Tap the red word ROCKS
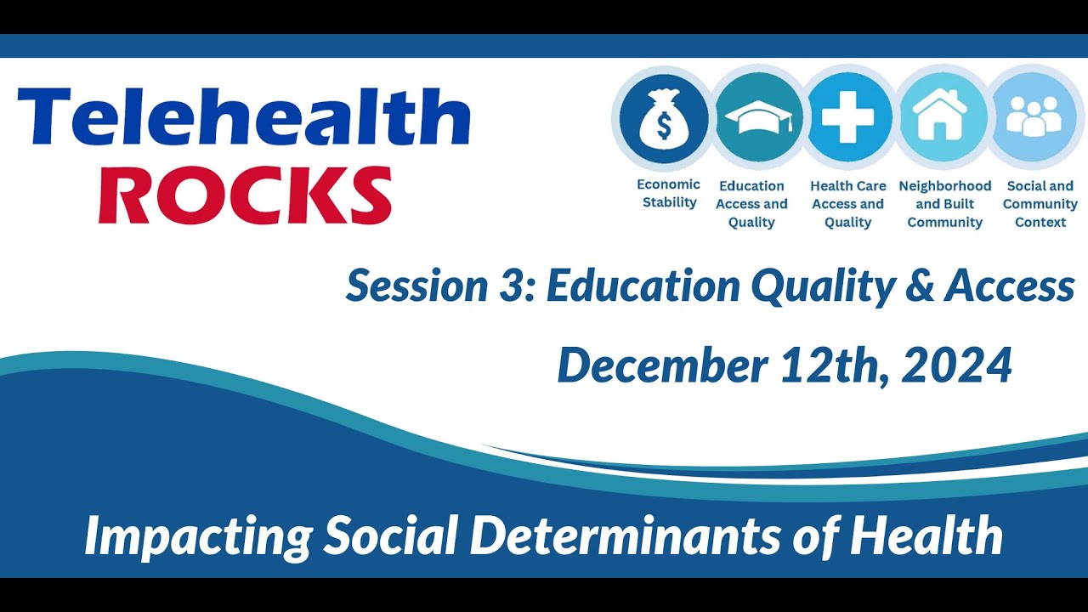[x=245, y=195]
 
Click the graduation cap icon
[x=756, y=118]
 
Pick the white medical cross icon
[x=847, y=118]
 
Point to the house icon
[x=939, y=118]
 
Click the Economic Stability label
[x=669, y=194]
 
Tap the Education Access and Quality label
[x=751, y=204]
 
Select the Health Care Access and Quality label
[x=847, y=204]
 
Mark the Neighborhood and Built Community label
[x=944, y=204]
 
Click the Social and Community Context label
[x=1040, y=204]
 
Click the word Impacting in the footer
[x=198, y=537]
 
